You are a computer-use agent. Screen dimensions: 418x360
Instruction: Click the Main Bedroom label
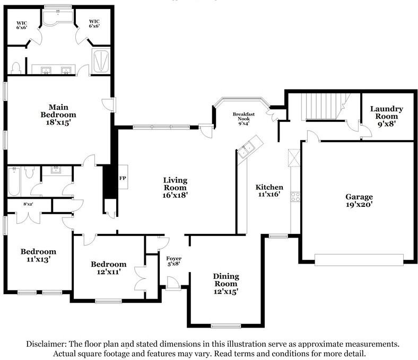point(58,115)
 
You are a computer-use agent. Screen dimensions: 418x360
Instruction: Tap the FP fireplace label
point(123,178)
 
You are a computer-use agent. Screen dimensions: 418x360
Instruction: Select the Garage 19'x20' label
point(359,200)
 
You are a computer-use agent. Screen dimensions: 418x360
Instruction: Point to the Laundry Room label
point(387,116)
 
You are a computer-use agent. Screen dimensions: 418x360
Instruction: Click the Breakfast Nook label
point(243,119)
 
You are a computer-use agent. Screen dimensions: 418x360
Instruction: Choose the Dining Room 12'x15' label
point(226,284)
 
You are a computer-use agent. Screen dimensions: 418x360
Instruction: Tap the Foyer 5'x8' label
point(174,261)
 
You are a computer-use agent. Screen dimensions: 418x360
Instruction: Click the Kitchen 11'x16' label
point(269,190)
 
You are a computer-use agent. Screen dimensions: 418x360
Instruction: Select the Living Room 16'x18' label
point(175,188)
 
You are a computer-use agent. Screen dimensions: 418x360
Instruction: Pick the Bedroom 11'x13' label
point(38,255)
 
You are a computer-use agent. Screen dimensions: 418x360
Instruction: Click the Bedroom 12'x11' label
point(109,268)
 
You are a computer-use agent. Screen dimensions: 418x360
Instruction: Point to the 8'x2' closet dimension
point(28,204)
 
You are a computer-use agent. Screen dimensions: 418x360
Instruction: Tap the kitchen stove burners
point(295,197)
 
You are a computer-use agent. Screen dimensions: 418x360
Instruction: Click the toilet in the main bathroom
point(16,68)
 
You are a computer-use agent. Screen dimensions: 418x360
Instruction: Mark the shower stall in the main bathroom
point(101,61)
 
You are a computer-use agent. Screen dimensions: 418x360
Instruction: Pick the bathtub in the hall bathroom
point(14,181)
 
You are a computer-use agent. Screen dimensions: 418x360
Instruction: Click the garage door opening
point(359,260)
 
